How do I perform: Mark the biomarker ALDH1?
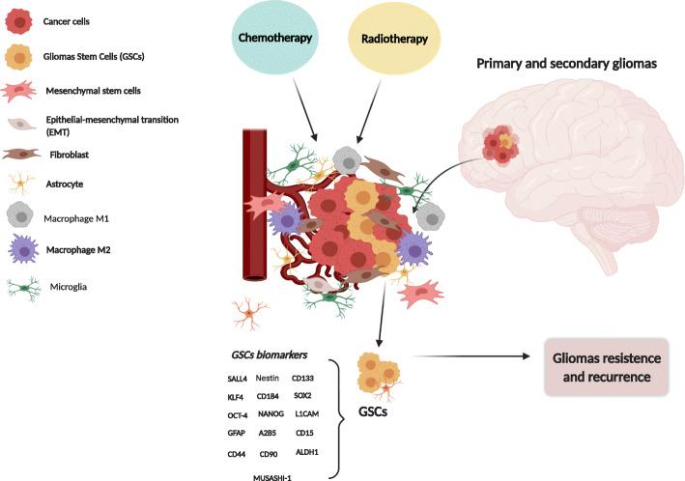click(308, 451)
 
